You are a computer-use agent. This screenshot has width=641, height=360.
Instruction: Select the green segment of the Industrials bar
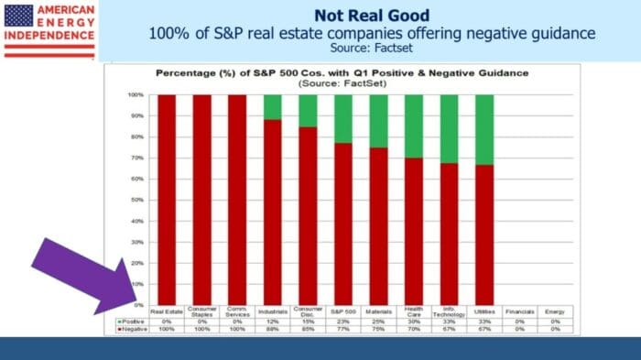(272, 106)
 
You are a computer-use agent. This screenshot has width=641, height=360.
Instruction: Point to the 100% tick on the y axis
(136, 94)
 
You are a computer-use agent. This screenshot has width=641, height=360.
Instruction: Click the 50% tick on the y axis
(136, 200)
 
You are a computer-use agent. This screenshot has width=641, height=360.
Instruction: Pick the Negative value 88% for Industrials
(272, 330)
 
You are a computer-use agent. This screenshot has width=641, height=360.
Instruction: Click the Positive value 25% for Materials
(378, 322)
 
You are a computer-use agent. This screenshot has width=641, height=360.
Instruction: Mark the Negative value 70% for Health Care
(414, 330)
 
